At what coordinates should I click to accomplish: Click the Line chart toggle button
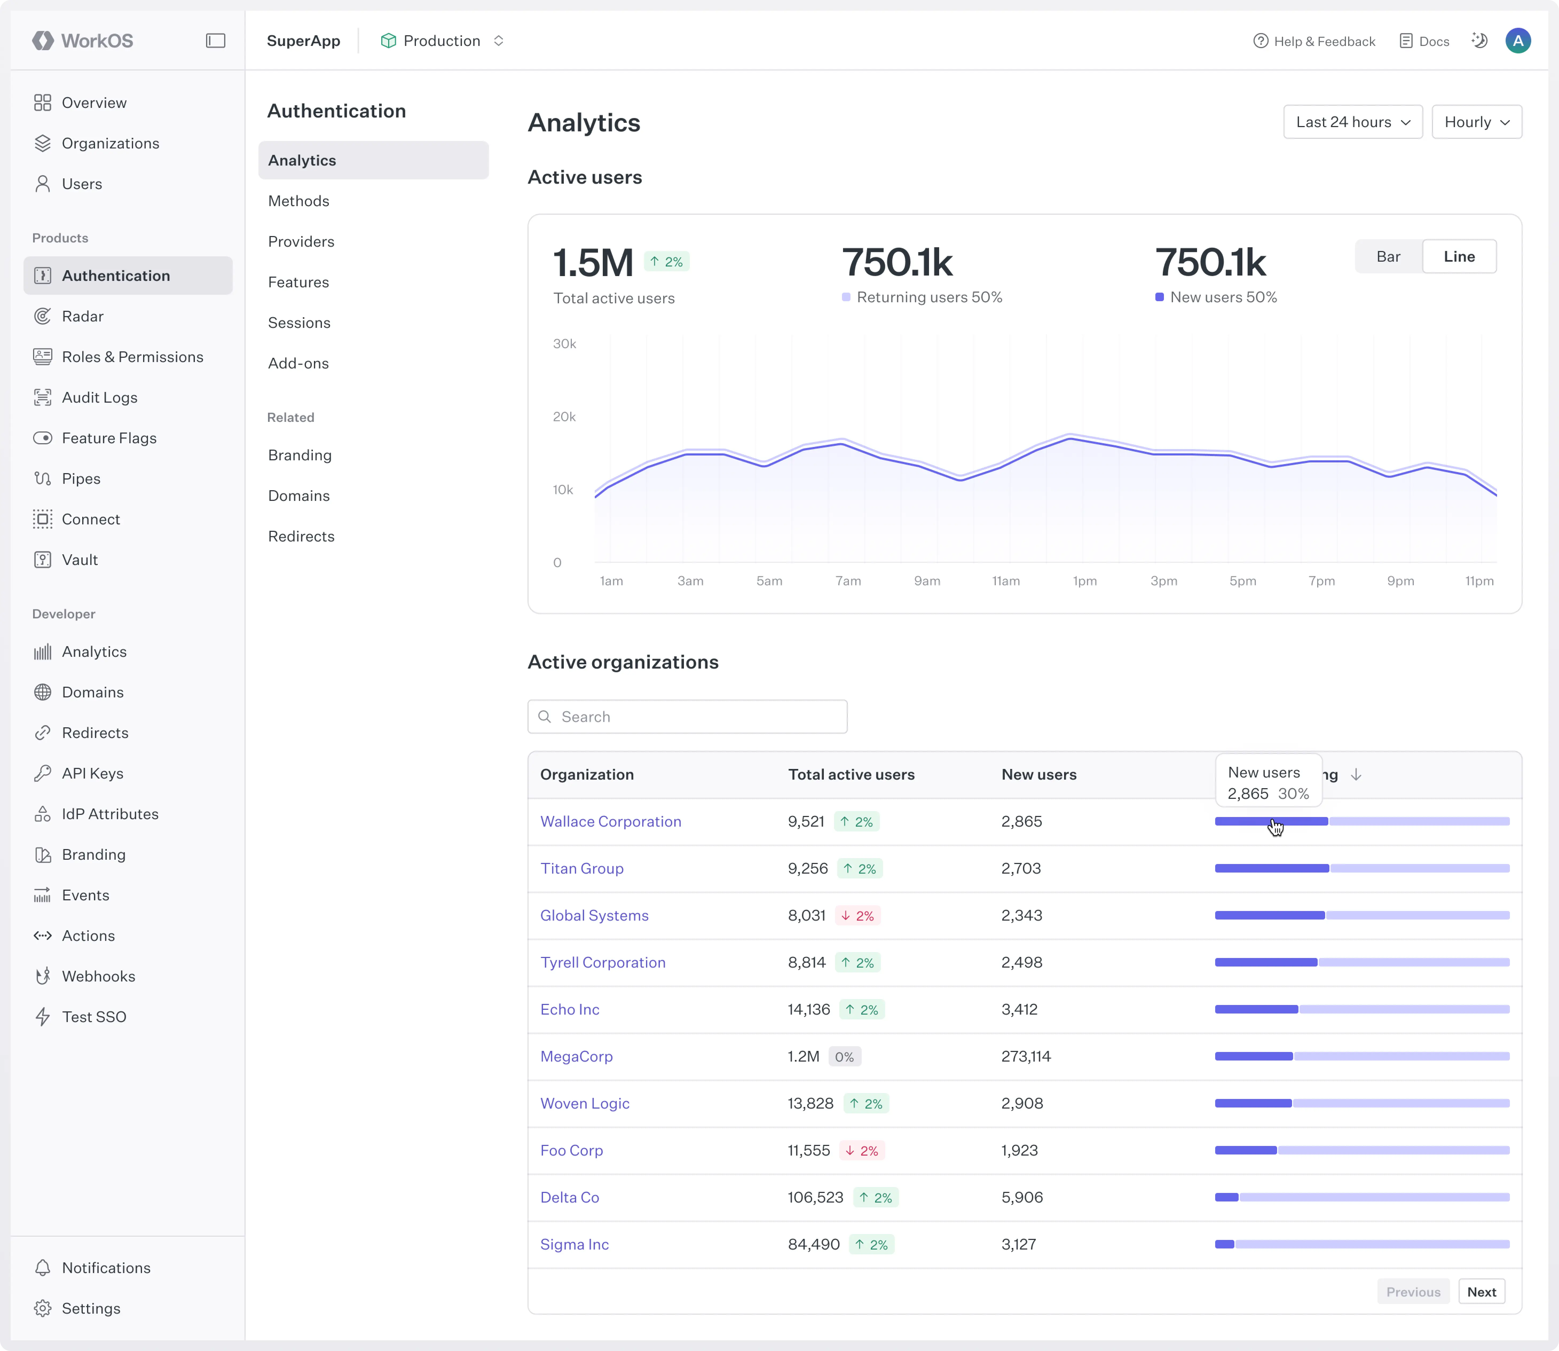point(1459,256)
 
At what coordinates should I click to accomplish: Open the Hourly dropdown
point(1476,122)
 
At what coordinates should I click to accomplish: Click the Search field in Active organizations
point(687,716)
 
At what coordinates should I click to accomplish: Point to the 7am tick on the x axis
point(848,580)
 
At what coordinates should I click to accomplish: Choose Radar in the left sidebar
point(82,316)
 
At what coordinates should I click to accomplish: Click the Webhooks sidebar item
point(98,976)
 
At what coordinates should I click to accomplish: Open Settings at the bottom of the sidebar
point(90,1308)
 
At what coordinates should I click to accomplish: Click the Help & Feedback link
point(1314,41)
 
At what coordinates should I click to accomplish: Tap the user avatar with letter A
point(1518,41)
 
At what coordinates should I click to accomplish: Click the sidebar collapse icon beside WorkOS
point(216,41)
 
